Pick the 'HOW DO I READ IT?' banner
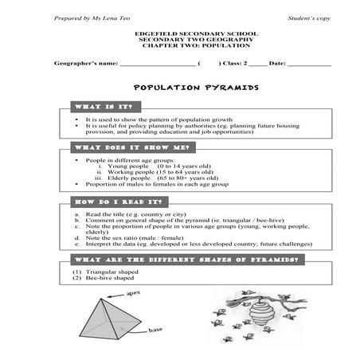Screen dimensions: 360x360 pos(115,202)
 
